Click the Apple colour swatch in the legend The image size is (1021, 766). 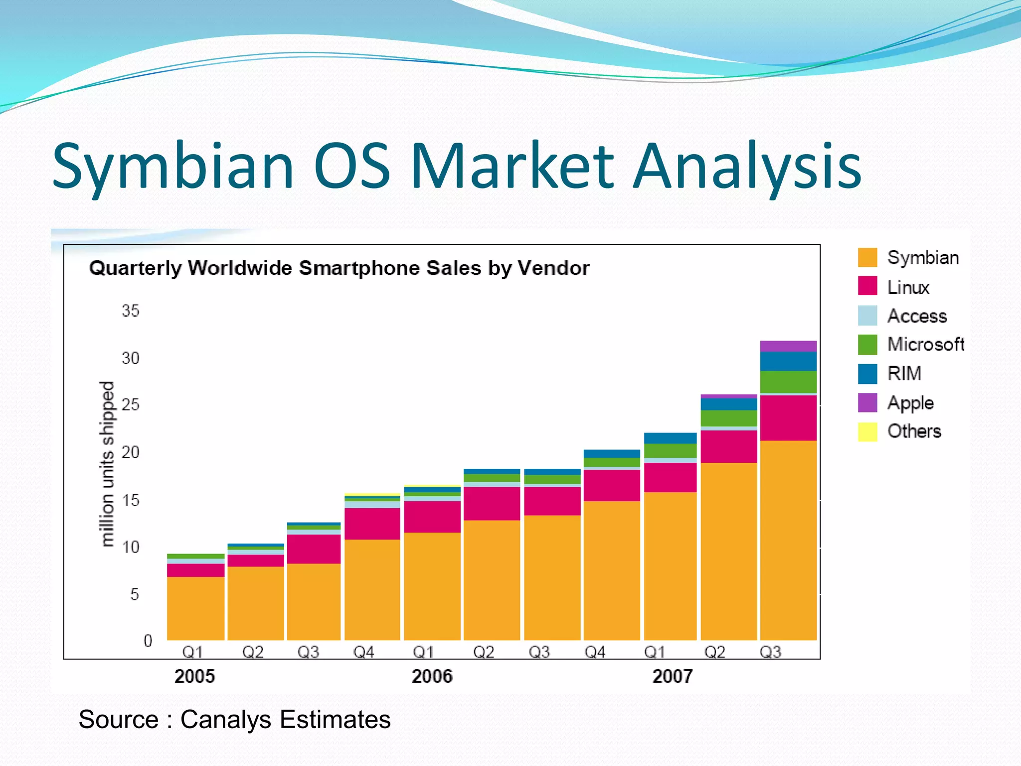coord(867,402)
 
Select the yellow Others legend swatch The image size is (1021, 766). coord(867,431)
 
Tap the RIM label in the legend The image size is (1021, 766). coord(904,374)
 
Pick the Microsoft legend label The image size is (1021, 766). coord(926,344)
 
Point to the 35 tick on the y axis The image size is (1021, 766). coord(131,311)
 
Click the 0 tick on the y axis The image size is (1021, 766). coord(148,641)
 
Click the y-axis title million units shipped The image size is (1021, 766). coord(107,464)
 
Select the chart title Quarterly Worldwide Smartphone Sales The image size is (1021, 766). coord(339,268)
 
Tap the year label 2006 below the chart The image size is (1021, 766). coord(432,676)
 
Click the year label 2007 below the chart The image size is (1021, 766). coord(673,676)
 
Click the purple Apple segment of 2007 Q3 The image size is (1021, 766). coord(788,346)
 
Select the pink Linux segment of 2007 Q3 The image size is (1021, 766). coord(788,418)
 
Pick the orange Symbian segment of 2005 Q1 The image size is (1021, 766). coord(195,608)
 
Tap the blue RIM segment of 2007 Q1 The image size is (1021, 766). coord(670,438)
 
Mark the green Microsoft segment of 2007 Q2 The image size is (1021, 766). coord(729,418)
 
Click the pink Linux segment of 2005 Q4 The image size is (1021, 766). coord(372,524)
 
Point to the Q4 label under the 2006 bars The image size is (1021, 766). coord(594,652)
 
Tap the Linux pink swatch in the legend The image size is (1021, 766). coord(867,286)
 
